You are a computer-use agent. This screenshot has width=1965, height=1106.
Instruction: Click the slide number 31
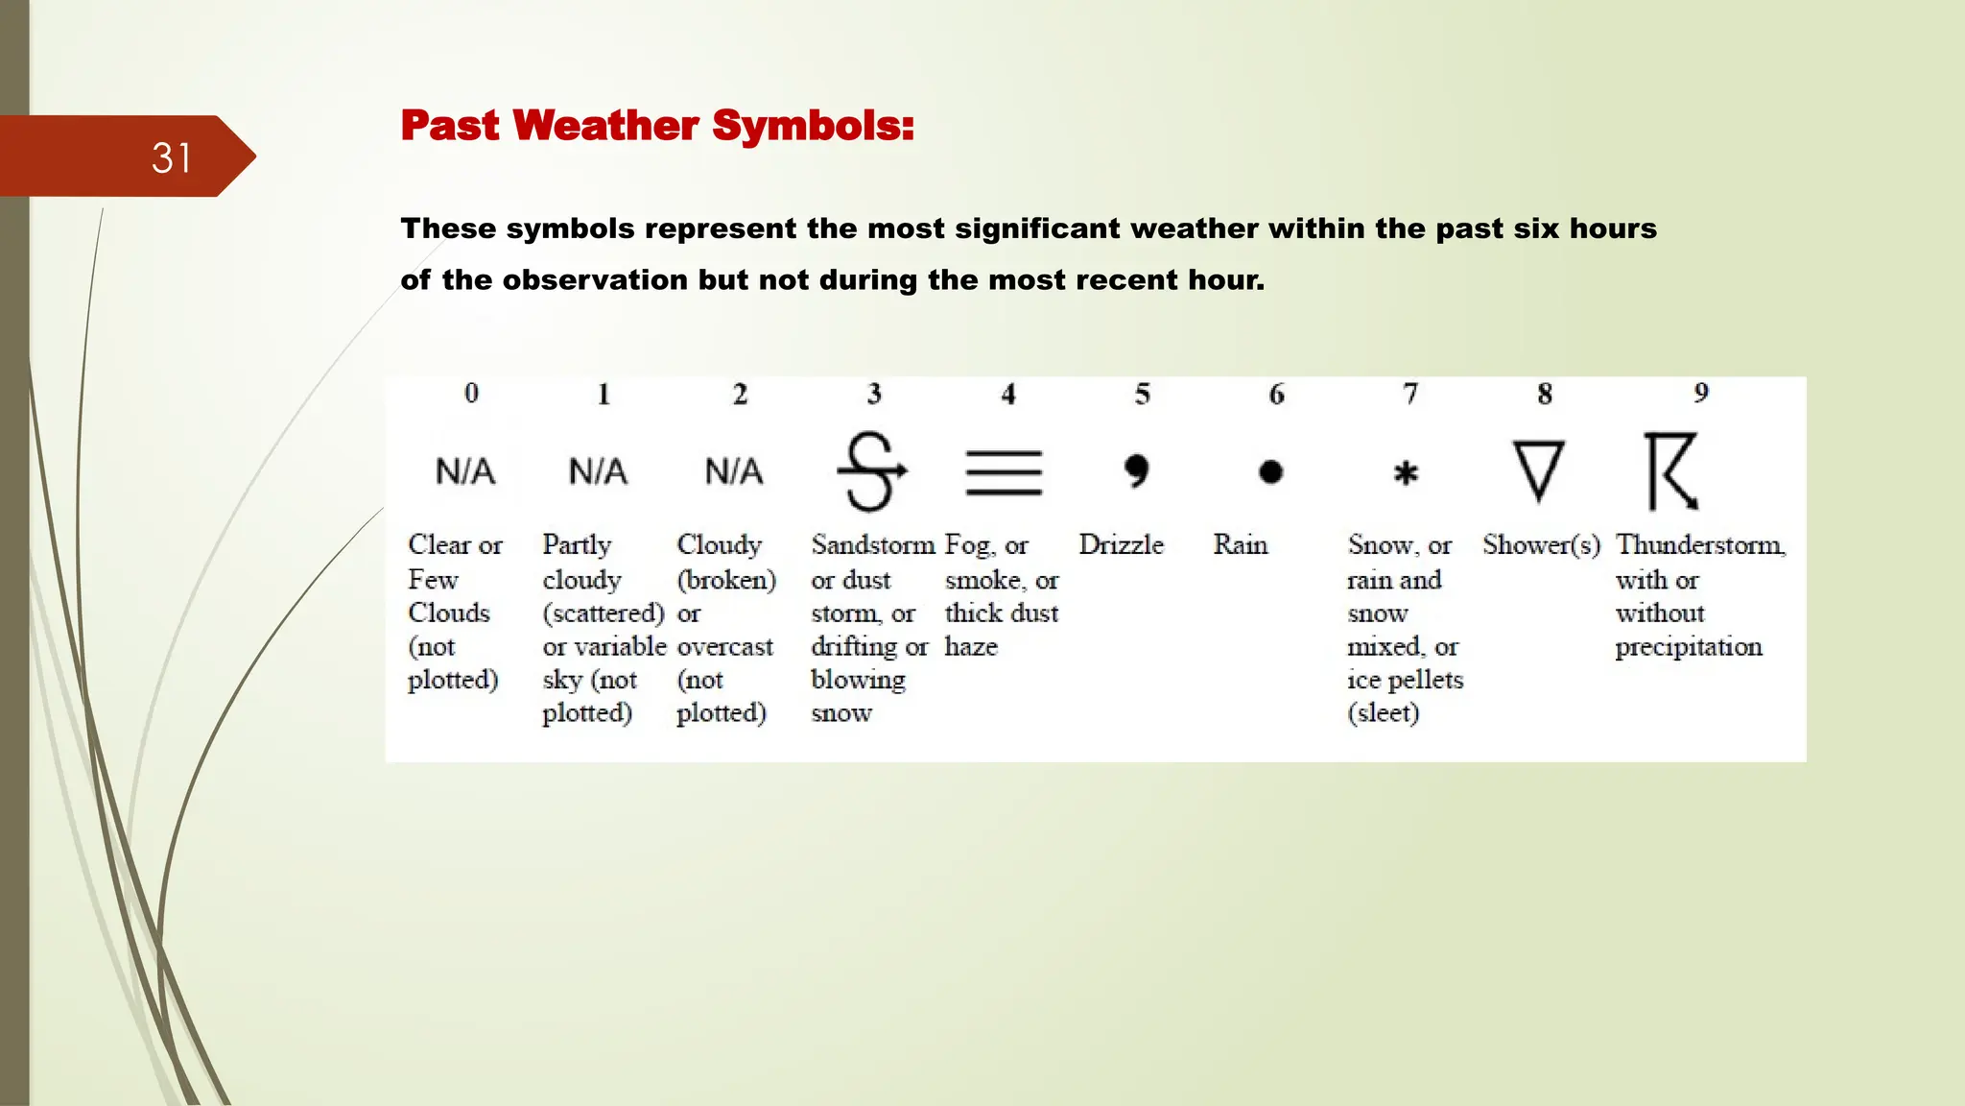172,158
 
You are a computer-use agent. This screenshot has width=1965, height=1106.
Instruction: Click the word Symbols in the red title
813,126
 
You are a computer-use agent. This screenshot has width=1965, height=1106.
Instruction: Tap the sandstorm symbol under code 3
871,471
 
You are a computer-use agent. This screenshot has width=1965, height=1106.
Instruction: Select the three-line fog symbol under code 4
1004,472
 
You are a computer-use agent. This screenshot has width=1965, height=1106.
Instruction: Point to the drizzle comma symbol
1136,470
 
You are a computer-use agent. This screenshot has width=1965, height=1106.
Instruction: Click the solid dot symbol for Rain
1270,472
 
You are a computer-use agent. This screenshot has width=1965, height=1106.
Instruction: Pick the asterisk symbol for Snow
1406,473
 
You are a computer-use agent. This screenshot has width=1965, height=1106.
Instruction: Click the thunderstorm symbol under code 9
1671,471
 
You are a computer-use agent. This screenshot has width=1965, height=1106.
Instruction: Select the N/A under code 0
465,471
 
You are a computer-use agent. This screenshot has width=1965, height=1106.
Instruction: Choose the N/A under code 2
734,471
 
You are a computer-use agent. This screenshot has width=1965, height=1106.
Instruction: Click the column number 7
1409,394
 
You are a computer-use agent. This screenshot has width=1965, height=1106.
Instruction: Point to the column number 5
1142,394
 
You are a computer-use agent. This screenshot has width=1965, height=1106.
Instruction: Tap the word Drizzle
1121,544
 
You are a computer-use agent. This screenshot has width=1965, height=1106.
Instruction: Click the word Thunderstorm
1699,544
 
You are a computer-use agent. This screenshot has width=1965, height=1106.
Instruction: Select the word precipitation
1688,647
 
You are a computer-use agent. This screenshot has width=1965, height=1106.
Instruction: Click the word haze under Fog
971,647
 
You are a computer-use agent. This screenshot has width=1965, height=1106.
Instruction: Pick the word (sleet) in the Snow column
1383,713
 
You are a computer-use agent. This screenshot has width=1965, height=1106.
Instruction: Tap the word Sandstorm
872,544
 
